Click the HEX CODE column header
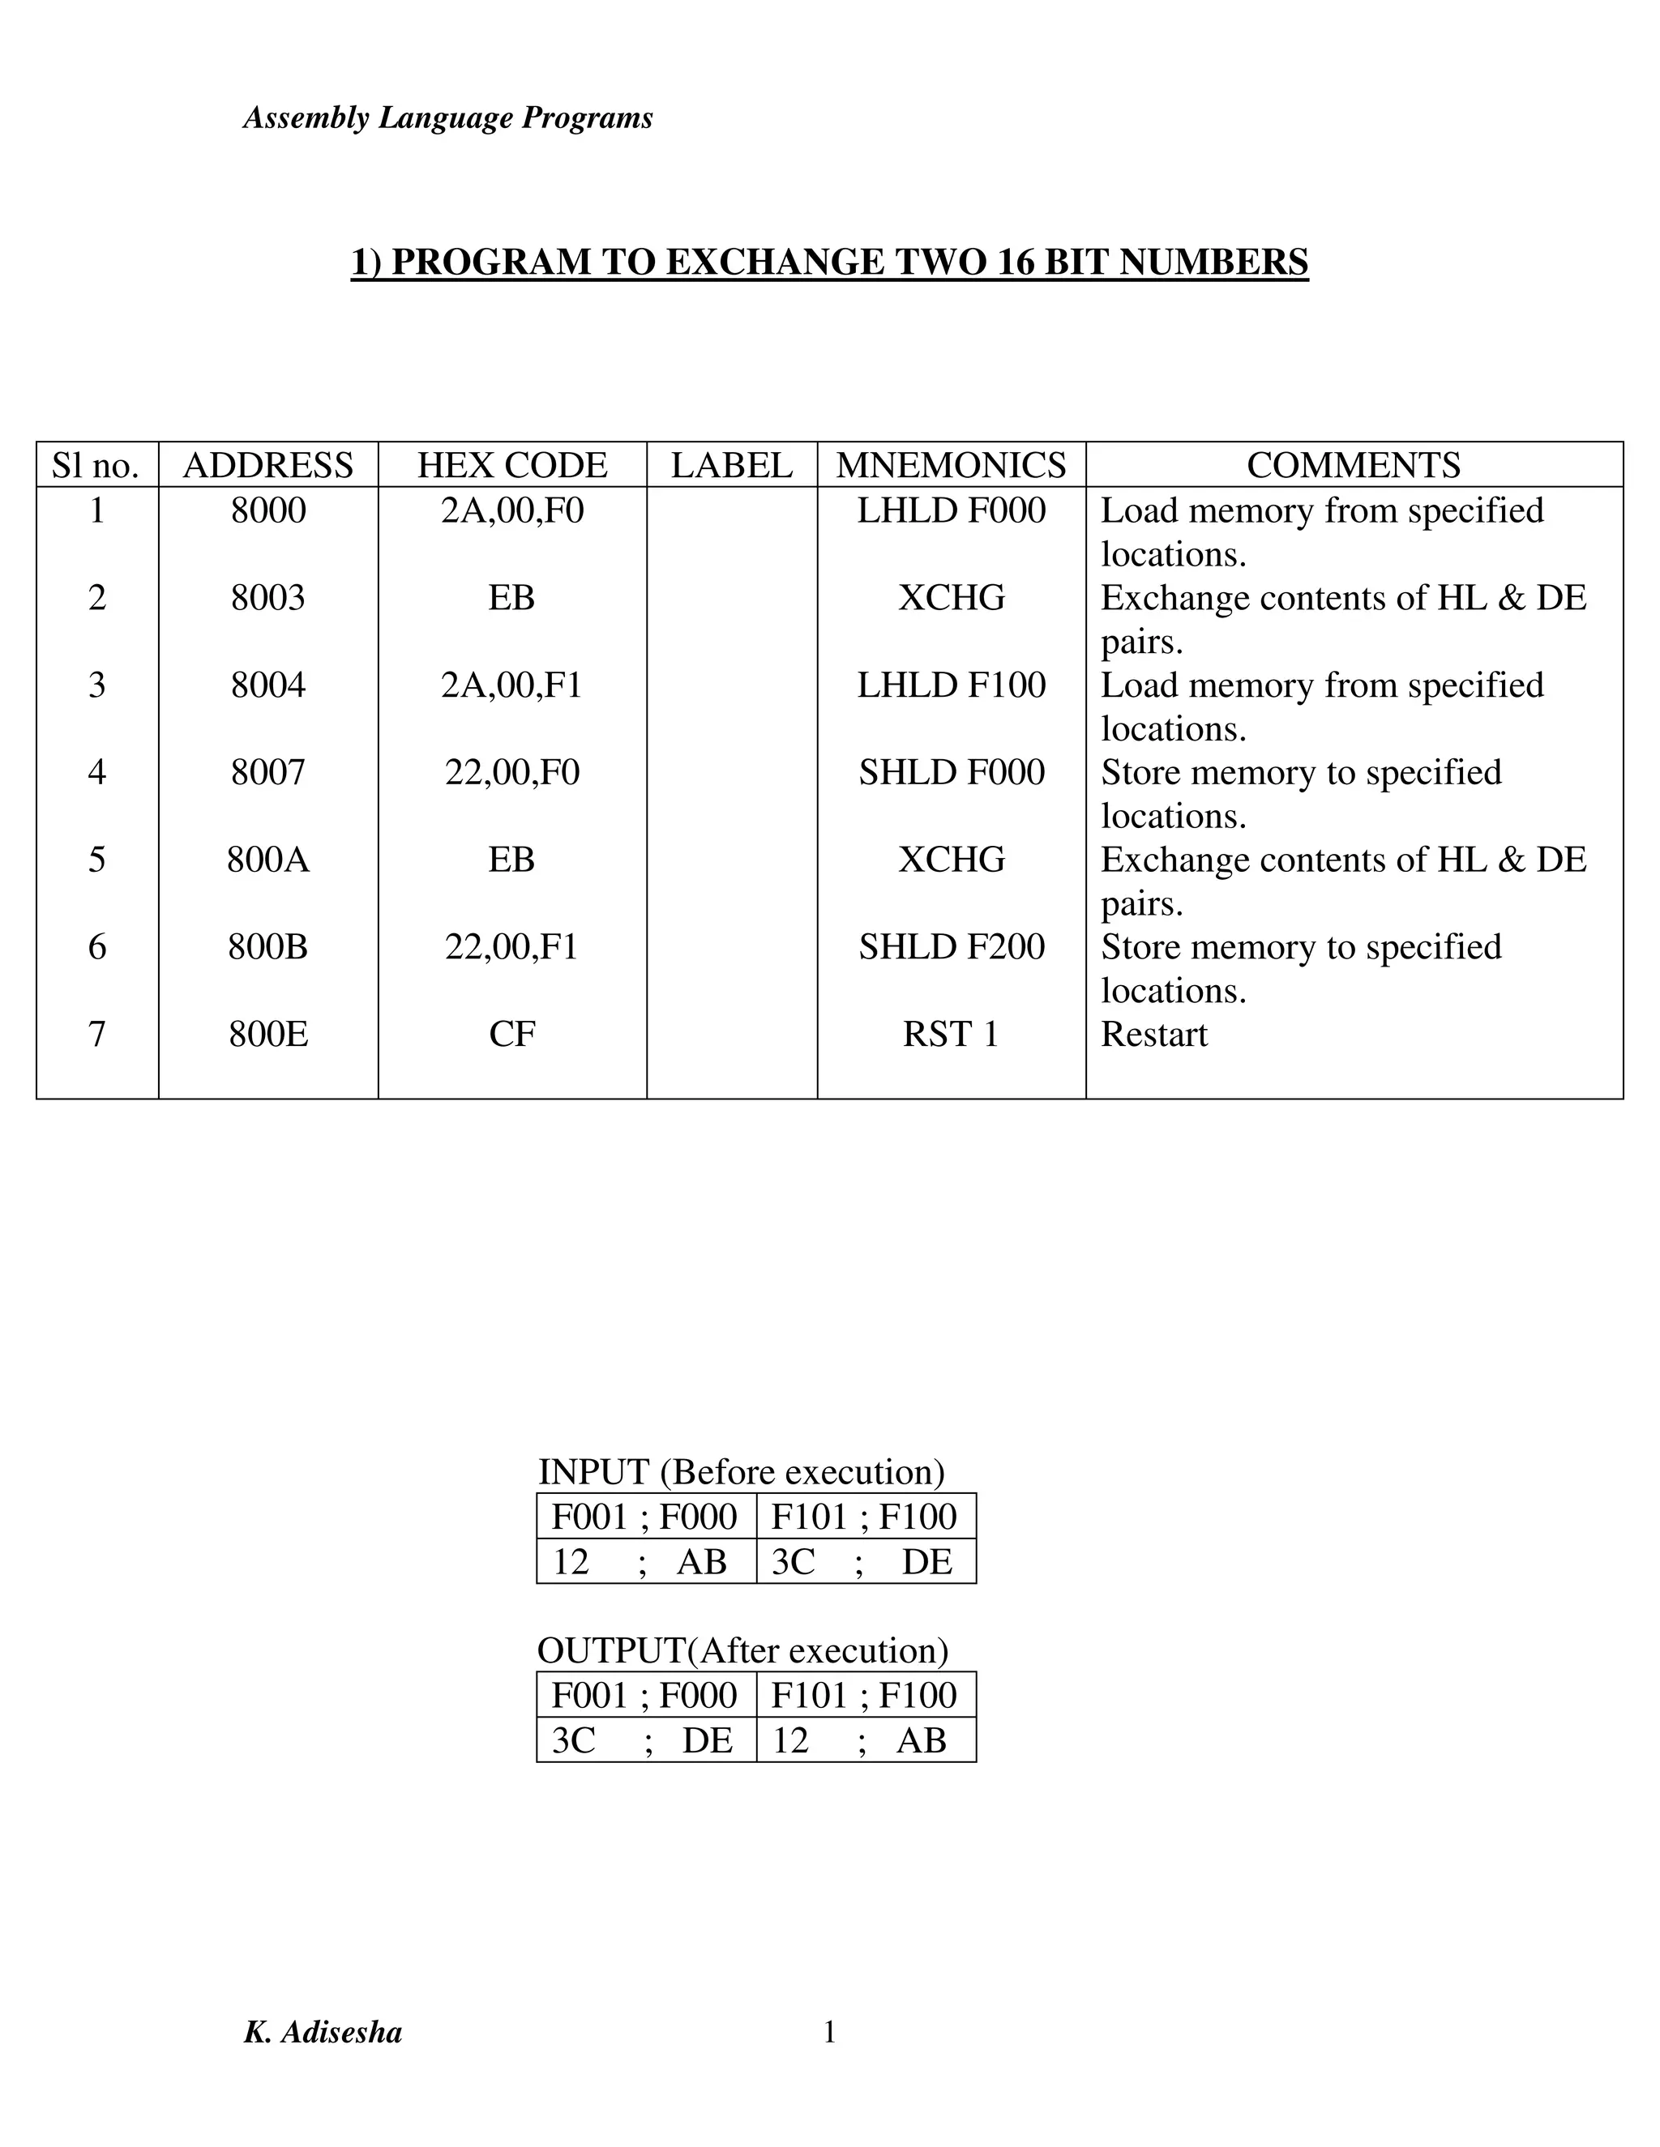(511, 465)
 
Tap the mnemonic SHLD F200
(951, 946)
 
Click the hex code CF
(511, 1034)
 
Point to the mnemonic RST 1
(950, 1034)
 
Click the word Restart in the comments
(1153, 1034)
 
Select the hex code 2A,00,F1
(511, 685)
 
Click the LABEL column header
(732, 465)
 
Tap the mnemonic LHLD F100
(951, 685)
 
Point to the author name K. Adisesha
(323, 2032)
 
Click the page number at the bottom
(829, 2031)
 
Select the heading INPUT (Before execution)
(742, 1471)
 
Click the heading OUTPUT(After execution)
(742, 1650)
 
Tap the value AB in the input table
(701, 1562)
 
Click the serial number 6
(96, 946)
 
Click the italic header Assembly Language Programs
(447, 118)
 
